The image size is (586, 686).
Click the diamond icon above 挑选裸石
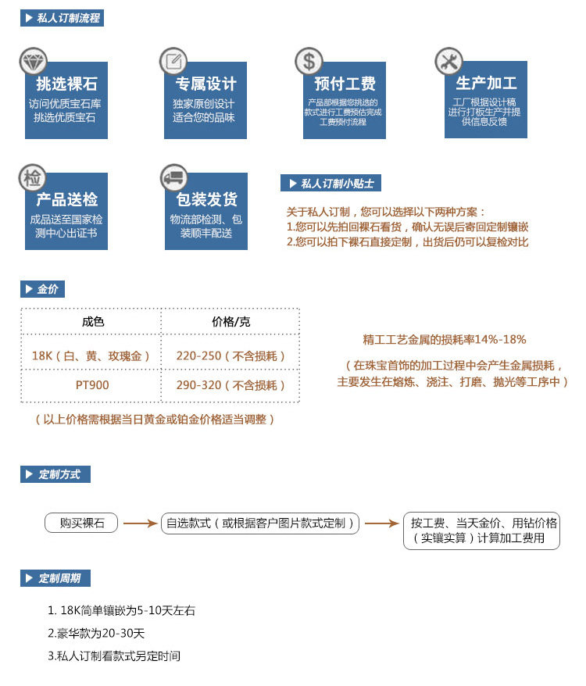point(34,61)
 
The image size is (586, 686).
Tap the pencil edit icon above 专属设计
point(173,61)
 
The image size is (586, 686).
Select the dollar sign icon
point(309,61)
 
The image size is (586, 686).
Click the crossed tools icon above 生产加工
point(448,61)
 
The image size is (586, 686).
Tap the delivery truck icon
point(173,178)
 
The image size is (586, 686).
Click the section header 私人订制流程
point(62,18)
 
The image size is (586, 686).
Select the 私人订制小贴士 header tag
point(331,184)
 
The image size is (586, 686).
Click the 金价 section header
point(42,290)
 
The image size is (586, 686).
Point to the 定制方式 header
point(55,474)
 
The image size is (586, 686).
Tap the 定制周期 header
point(55,578)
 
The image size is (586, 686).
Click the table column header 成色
point(92,322)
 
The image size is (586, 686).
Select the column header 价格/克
point(231,322)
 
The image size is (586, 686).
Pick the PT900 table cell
point(92,385)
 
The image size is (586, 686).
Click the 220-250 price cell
point(231,356)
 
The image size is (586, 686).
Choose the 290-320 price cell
point(231,385)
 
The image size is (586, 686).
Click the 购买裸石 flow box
point(82,523)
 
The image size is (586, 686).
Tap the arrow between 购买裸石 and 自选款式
point(141,523)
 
